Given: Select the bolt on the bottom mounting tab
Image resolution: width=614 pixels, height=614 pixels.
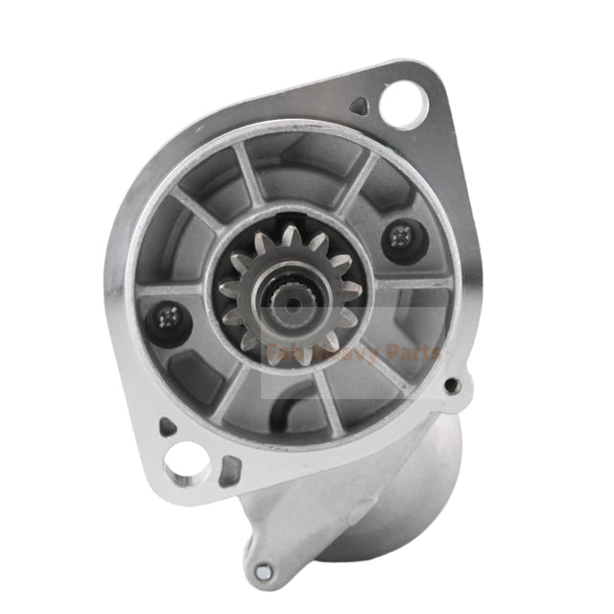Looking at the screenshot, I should (263, 572).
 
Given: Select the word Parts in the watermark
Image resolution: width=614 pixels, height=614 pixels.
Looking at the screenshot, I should (413, 355).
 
